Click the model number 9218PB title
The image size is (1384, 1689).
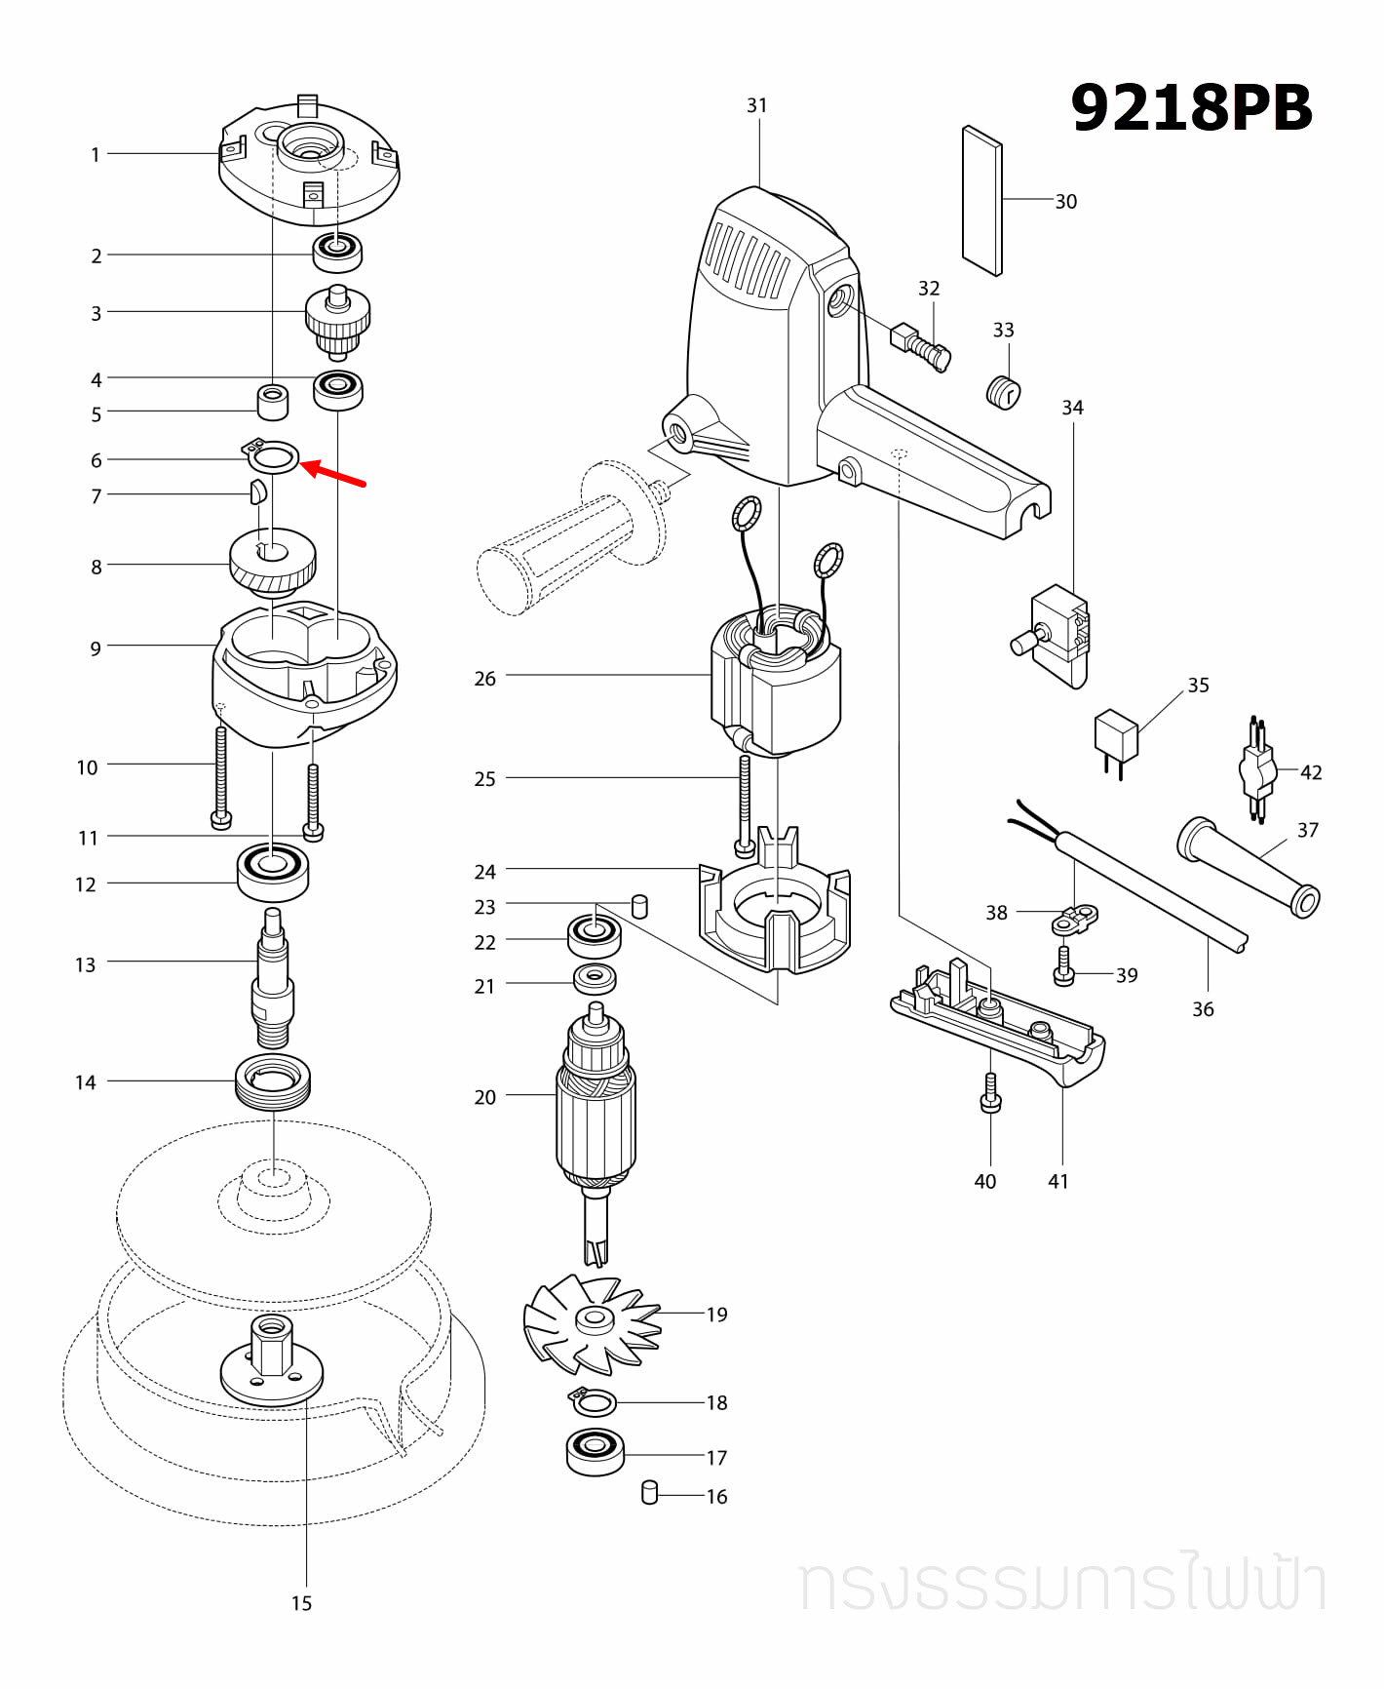click(1191, 107)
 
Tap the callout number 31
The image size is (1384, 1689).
click(757, 105)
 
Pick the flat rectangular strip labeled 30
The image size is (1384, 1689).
click(981, 200)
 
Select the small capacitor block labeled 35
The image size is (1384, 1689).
click(1117, 736)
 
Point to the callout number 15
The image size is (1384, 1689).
click(301, 1603)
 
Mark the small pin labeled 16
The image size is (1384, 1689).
click(650, 1493)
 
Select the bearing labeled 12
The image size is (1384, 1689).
click(273, 871)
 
